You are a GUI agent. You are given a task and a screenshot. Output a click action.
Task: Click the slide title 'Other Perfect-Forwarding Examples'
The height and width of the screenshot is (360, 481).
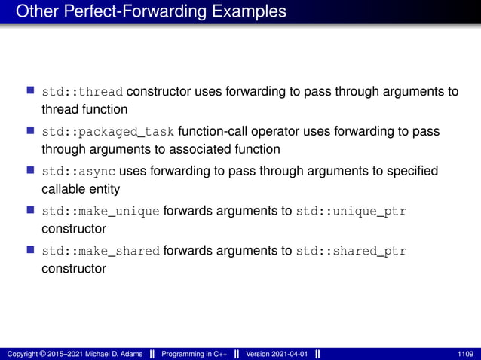coord(151,11)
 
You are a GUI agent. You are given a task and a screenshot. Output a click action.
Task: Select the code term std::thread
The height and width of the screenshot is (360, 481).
coord(83,93)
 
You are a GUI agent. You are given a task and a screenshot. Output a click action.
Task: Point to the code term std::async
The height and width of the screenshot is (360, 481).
coord(78,172)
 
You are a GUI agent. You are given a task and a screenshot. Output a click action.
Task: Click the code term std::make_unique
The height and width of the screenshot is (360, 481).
coord(100,212)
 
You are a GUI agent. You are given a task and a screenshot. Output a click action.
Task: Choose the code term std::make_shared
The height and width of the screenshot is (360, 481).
coord(100,251)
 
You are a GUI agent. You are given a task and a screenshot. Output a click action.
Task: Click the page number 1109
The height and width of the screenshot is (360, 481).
coord(466,354)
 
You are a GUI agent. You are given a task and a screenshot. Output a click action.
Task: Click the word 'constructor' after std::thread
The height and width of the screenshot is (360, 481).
coord(159,93)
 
